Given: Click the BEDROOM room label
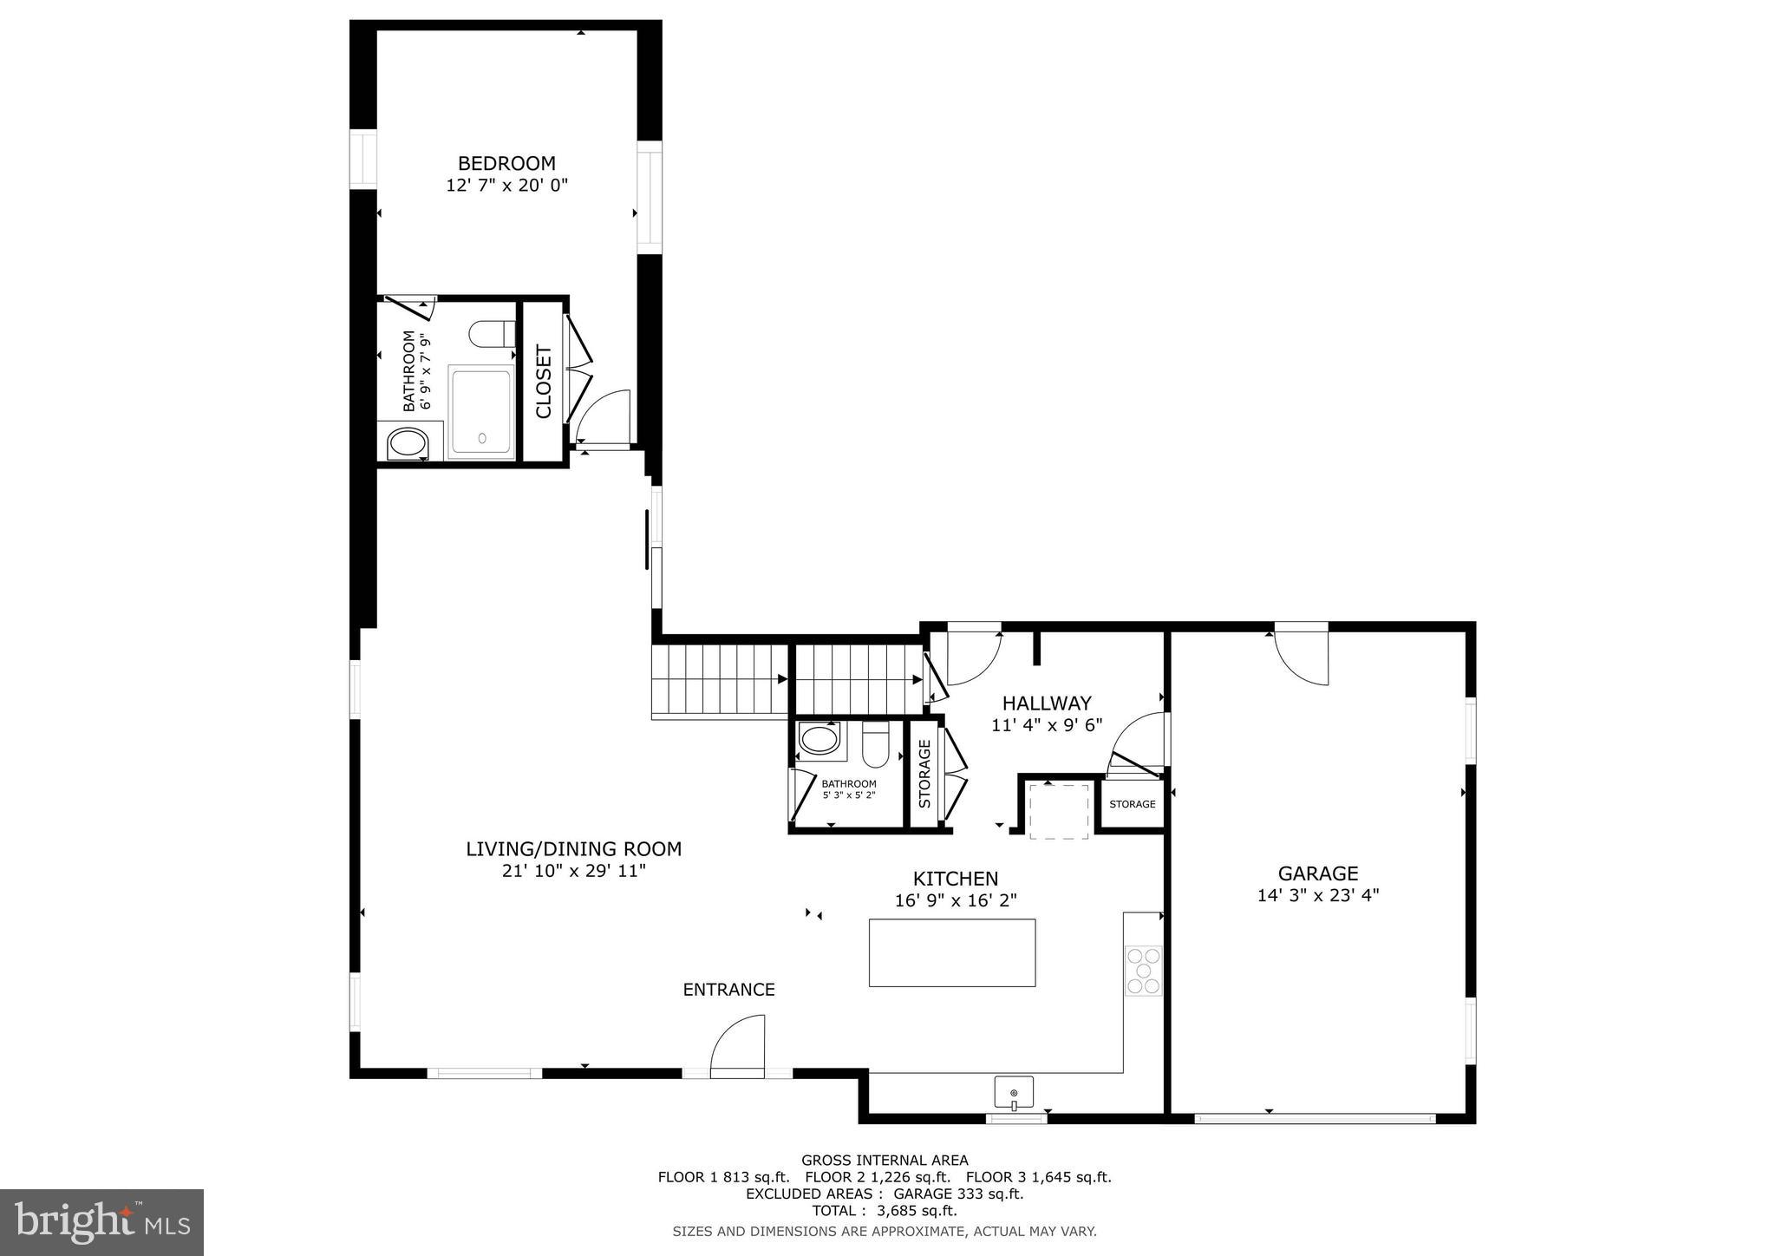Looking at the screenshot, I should coord(506,163).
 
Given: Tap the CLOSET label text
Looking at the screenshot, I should coord(544,382).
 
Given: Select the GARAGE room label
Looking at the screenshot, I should coord(1317,873).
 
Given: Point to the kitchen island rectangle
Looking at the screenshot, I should coord(951,952).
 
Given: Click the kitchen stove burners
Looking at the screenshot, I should coord(1143,971).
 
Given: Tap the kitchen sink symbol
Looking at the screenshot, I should coord(1014,1092).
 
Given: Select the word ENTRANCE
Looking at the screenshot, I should coord(728,990).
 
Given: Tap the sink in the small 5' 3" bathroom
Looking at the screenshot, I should coord(819,740).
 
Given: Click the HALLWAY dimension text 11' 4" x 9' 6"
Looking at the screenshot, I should coord(1047,725).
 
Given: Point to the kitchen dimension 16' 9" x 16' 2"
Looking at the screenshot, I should coord(955,901).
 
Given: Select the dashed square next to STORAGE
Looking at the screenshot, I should coord(1059,810).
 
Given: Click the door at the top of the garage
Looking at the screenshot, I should coord(1302,655).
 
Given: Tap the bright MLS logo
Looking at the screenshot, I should coord(101,1222).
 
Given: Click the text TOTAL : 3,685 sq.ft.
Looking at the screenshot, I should coord(884,1210).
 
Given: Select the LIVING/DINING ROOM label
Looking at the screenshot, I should coord(573,849).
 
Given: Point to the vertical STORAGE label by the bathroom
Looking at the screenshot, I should coord(924,774).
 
